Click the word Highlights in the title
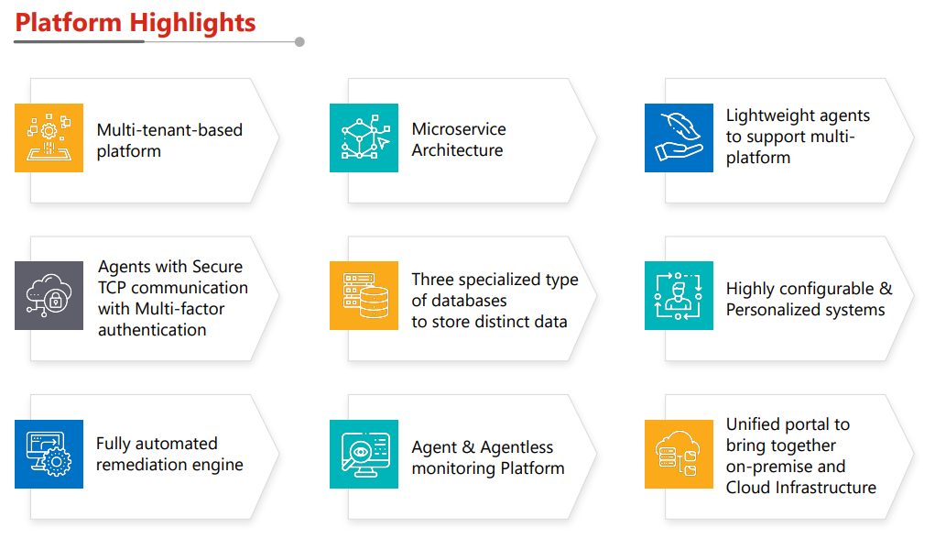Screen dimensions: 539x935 click(195, 23)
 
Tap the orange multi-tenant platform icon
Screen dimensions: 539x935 click(49, 137)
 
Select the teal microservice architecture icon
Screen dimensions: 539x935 click(364, 137)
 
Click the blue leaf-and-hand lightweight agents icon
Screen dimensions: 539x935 click(679, 137)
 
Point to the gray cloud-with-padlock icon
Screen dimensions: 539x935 click(49, 295)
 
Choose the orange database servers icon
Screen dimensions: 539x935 click(364, 295)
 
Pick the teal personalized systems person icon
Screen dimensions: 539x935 click(679, 295)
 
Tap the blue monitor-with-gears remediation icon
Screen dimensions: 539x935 click(49, 454)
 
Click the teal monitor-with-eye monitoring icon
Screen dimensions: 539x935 click(364, 454)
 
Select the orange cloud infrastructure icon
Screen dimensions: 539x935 click(679, 454)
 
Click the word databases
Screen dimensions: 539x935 click(472, 301)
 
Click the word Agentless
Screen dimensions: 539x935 click(517, 447)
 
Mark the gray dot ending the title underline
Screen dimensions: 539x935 click(299, 41)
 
